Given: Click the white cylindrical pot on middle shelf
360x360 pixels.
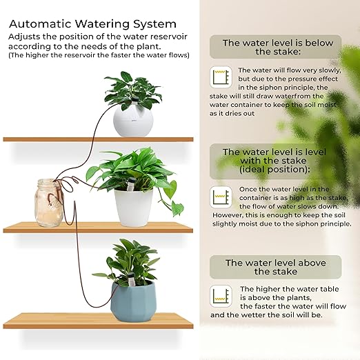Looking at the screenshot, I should pos(134,206).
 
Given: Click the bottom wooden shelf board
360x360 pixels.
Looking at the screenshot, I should pos(97,320).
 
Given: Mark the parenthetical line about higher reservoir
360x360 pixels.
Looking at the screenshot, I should pos(99,56).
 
